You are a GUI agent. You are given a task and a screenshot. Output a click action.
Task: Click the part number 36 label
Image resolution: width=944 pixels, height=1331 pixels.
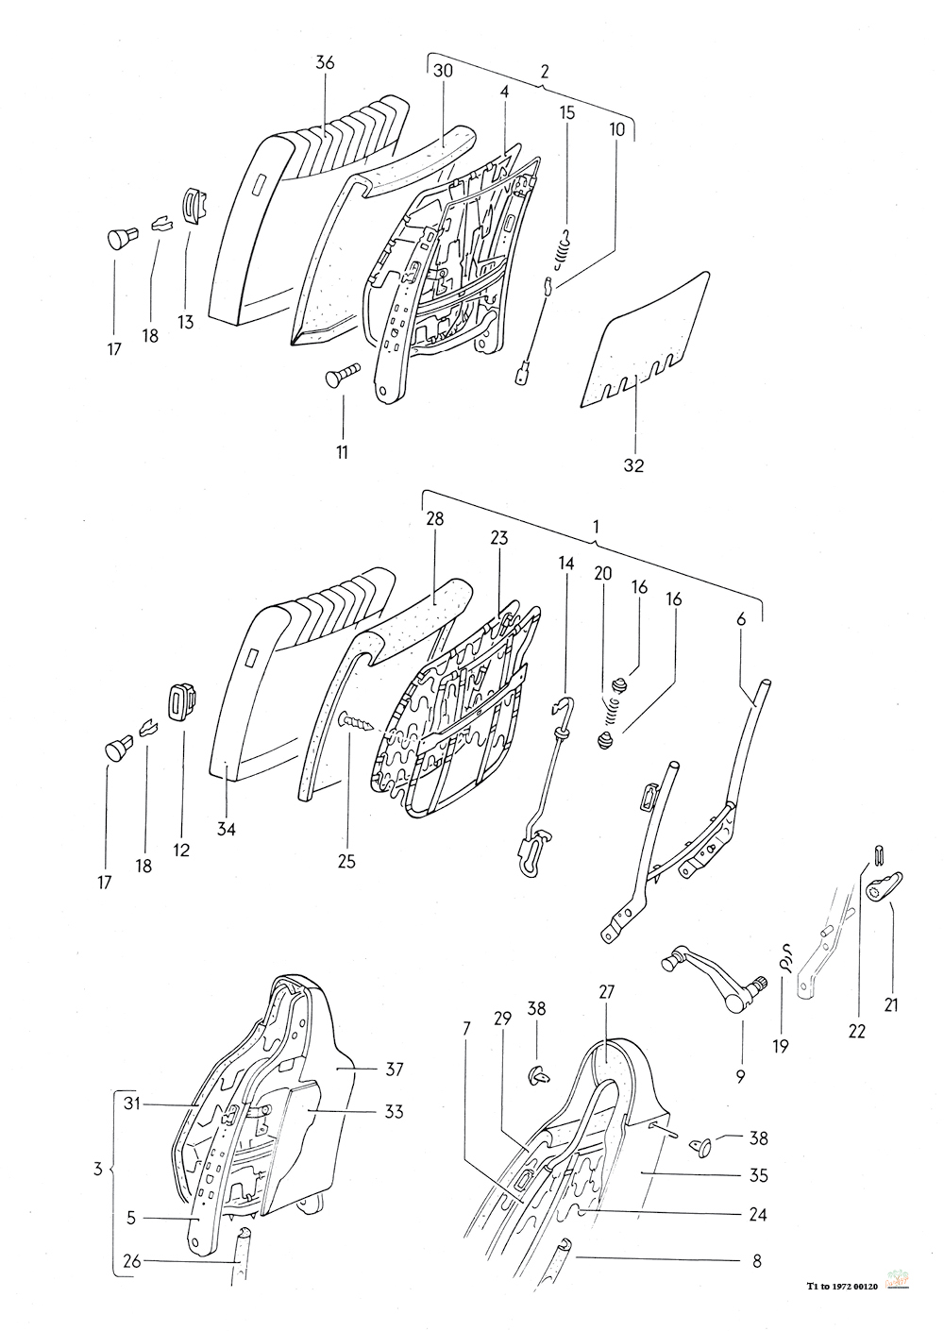pyautogui.click(x=325, y=62)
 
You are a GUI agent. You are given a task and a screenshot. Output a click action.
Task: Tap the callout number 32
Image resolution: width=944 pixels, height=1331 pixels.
pyautogui.click(x=633, y=465)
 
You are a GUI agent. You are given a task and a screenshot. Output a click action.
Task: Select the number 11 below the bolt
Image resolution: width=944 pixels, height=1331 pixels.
pyautogui.click(x=342, y=452)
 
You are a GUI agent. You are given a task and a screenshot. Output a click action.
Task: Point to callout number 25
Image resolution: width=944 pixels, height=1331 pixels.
pyautogui.click(x=346, y=861)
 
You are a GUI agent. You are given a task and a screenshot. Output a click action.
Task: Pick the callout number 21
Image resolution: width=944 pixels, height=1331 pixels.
pyautogui.click(x=891, y=1004)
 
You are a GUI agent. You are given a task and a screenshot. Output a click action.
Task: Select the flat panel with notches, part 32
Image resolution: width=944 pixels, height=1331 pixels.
pyautogui.click(x=645, y=340)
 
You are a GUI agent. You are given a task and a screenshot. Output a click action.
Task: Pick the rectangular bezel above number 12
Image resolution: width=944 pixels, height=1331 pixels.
pyautogui.click(x=184, y=701)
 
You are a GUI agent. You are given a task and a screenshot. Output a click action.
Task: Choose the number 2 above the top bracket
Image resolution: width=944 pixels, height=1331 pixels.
pyautogui.click(x=544, y=72)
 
